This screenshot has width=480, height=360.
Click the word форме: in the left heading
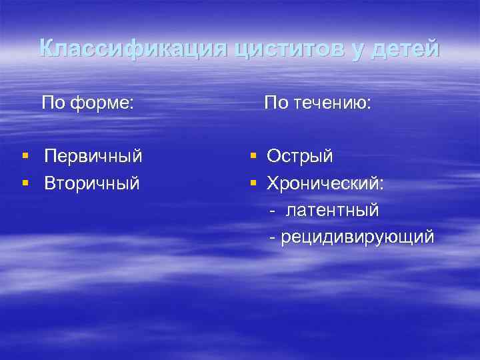tap(104, 103)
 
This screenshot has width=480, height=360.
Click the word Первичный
tap(93, 157)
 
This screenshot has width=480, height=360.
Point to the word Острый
tap(300, 157)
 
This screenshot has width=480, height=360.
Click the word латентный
tap(333, 210)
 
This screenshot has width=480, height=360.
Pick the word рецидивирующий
tap(357, 237)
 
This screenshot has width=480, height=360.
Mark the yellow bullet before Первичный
tap(25, 157)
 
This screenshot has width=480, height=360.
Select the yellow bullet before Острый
tap(254, 157)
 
